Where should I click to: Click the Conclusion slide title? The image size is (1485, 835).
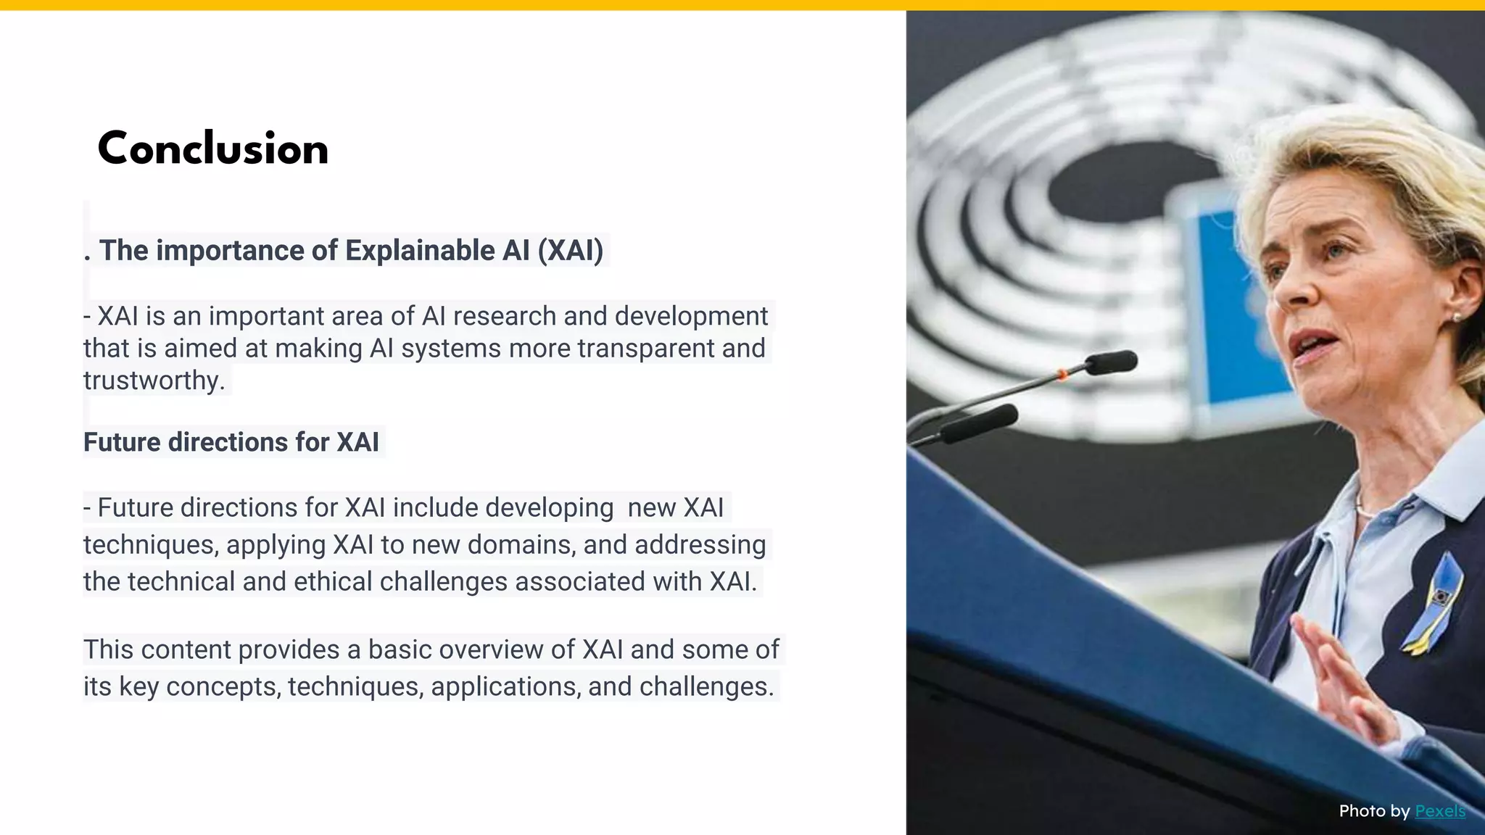coord(212,149)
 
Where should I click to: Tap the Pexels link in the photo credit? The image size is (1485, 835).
coord(1440,810)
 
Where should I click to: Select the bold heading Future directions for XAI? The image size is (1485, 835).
coord(231,442)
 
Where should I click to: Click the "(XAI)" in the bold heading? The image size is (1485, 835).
coord(570,251)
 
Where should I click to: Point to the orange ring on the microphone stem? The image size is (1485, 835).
coord(1062,375)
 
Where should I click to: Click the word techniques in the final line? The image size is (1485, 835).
coord(355,687)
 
